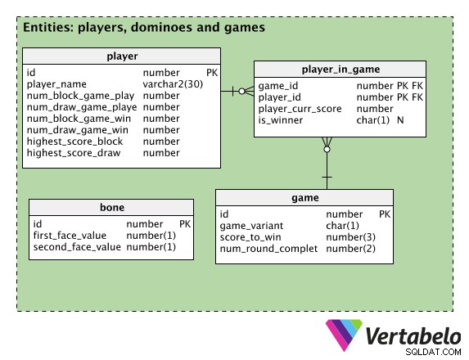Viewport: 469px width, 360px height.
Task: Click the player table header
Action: (x=122, y=56)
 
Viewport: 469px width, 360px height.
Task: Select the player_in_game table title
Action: (x=340, y=70)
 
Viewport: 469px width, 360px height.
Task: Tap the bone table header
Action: (x=111, y=207)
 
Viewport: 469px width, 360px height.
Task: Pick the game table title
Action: (x=305, y=198)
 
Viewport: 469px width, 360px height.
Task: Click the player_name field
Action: (x=56, y=84)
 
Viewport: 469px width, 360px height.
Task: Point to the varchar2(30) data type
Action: (x=173, y=84)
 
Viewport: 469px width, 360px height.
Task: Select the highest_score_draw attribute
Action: (x=74, y=153)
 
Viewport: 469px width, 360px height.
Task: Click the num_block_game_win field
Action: (x=79, y=119)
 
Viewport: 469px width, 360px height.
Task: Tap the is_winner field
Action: (x=281, y=120)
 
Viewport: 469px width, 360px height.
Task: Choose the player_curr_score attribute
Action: (x=300, y=109)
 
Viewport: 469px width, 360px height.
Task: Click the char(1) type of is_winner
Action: (x=373, y=120)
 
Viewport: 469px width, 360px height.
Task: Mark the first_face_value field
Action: (x=70, y=236)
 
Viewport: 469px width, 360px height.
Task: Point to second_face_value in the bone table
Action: (x=77, y=247)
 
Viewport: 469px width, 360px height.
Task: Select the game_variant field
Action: (x=251, y=226)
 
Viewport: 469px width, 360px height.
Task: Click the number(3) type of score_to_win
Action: (x=350, y=237)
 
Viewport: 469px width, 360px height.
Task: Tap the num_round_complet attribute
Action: (x=268, y=249)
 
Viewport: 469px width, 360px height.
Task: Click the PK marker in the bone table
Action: (x=185, y=224)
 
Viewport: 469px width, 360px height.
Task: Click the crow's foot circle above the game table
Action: (x=327, y=149)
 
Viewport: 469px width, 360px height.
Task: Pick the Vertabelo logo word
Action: (x=413, y=336)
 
